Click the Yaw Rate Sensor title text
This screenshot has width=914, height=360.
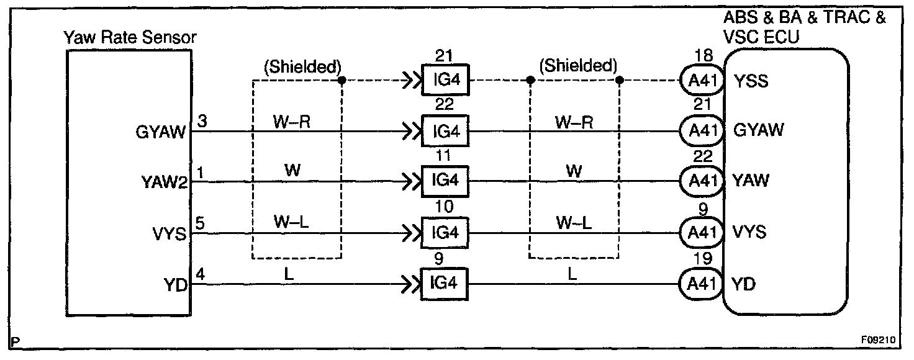point(130,38)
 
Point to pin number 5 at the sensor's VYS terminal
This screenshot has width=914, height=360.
point(199,222)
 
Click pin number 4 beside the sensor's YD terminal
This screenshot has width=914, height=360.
point(199,272)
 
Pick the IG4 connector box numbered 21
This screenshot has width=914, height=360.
point(444,80)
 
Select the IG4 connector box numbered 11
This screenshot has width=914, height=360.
point(444,181)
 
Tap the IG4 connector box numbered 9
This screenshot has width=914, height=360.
point(444,283)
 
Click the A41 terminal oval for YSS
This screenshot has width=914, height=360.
point(702,81)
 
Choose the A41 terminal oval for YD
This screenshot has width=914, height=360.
point(702,284)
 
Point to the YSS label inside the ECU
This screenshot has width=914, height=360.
point(751,81)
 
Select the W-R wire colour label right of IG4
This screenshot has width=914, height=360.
point(574,122)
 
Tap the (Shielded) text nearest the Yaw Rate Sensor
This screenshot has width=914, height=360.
point(302,67)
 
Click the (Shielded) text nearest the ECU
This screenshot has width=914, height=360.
point(579,66)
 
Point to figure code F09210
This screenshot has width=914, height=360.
point(877,340)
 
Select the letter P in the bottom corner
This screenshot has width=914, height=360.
point(16,341)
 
